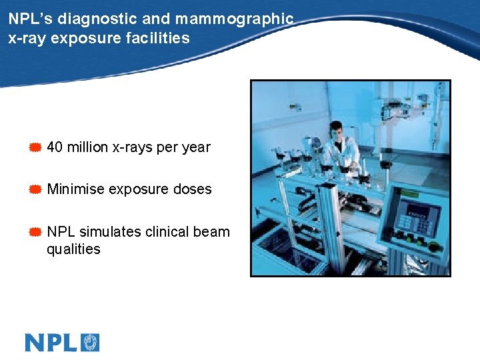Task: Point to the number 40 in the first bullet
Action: (55, 147)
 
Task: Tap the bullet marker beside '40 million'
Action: (35, 147)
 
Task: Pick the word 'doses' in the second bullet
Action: (193, 189)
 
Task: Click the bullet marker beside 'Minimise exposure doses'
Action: (35, 189)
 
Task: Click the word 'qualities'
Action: (73, 249)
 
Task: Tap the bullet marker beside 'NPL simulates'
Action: (35, 232)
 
